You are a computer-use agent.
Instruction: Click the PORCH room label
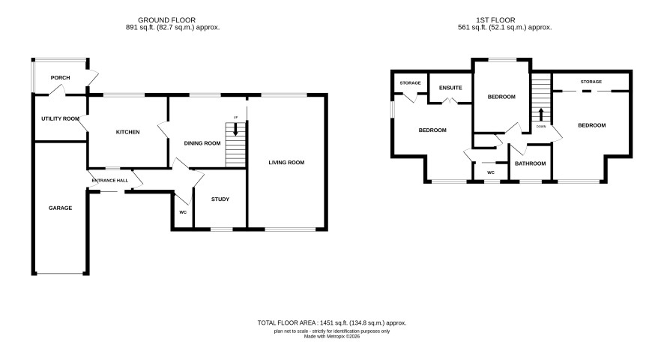click(60, 77)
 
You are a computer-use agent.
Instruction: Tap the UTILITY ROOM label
click(60, 118)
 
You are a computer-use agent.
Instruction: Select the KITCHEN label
click(128, 132)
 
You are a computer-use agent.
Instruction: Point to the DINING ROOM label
click(202, 143)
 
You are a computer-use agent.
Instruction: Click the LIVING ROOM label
click(286, 163)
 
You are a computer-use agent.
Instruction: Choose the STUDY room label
click(220, 199)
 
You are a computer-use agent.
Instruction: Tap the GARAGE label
click(60, 208)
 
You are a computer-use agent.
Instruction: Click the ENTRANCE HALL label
click(110, 181)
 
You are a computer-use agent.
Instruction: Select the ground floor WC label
click(183, 212)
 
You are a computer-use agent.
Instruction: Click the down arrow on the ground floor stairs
click(235, 129)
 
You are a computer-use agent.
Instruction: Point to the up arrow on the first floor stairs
click(541, 115)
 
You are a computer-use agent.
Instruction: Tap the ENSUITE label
click(450, 88)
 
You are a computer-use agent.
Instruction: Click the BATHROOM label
click(530, 163)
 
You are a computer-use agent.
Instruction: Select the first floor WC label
click(491, 172)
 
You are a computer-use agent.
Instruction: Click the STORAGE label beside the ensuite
click(411, 83)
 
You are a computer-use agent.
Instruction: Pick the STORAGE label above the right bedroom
click(591, 82)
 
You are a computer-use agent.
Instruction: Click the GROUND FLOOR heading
click(167, 20)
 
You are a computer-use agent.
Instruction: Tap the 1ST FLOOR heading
click(495, 20)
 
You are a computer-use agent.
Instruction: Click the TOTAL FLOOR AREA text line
click(332, 323)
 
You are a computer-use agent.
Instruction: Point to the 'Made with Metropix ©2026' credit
click(332, 336)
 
